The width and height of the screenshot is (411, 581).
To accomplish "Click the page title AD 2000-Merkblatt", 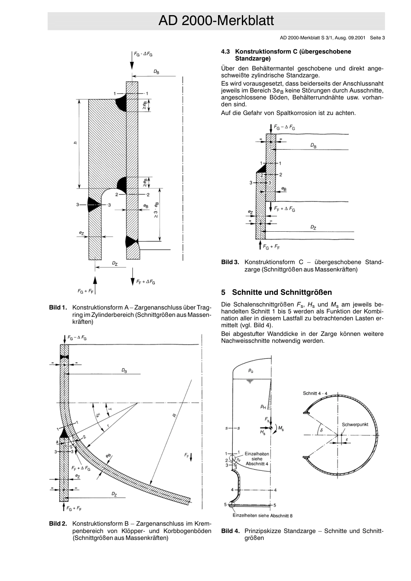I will click(x=216, y=21).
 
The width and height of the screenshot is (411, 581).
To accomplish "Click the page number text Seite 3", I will click(x=377, y=38).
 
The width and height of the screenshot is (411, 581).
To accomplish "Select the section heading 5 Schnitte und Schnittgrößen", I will click(x=276, y=292).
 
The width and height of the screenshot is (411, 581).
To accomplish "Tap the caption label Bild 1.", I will click(x=58, y=307).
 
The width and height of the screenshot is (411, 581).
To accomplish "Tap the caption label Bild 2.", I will click(x=58, y=524).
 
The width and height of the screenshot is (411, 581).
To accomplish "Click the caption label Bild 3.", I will click(x=230, y=262).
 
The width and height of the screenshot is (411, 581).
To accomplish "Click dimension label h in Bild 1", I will click(x=75, y=143).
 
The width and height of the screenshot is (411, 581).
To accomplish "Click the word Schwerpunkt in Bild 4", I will click(x=355, y=425).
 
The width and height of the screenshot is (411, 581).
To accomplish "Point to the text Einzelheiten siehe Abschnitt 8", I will click(x=263, y=515).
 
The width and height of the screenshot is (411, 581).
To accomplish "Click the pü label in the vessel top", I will click(x=251, y=370).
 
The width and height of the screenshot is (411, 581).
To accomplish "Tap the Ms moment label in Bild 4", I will click(x=281, y=428).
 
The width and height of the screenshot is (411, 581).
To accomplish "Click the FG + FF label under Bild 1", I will click(x=85, y=290).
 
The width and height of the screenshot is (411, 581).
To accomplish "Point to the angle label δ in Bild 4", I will click(x=321, y=431).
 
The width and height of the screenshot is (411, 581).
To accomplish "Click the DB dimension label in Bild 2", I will click(x=124, y=370).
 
